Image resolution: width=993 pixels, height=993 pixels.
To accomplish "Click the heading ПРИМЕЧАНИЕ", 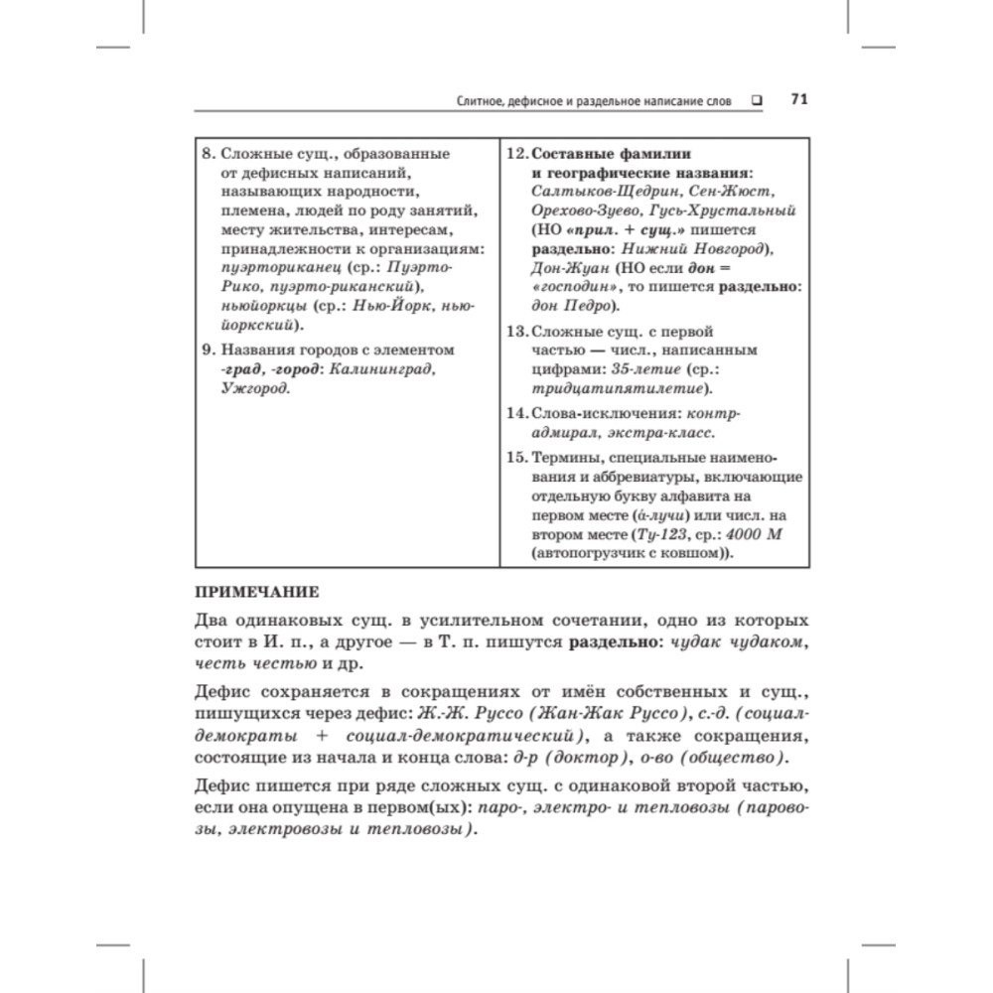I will pos(254,593).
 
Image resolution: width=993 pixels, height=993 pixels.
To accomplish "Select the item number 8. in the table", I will pos(208,154).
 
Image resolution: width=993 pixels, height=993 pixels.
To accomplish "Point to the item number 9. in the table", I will pos(208,351).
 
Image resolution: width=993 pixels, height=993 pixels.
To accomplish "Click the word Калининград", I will pos(380,369).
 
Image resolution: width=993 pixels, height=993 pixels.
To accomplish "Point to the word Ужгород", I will pos(255,388).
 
